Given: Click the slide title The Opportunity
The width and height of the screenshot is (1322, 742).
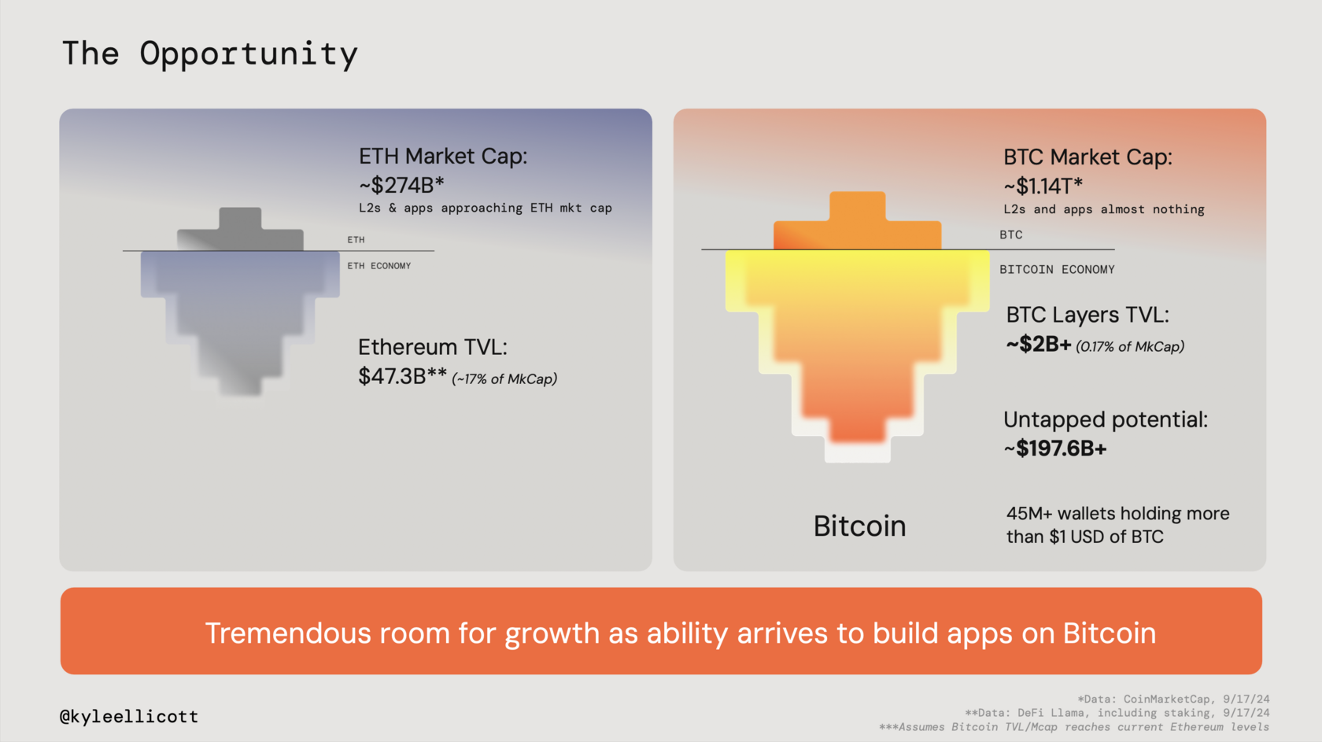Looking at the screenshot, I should click(209, 54).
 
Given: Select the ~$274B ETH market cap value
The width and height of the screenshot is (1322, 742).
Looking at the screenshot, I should click(401, 186).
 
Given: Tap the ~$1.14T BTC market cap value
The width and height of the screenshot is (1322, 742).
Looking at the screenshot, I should click(1043, 186).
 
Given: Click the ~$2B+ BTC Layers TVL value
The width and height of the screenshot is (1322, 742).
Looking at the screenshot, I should click(1038, 345).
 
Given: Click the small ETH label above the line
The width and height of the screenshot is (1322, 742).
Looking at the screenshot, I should click(356, 240).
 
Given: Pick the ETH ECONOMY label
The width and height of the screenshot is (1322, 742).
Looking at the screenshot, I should click(379, 266).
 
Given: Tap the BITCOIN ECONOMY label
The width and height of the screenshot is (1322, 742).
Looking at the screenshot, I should click(1056, 270).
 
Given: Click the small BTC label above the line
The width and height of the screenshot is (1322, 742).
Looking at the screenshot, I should click(1010, 235).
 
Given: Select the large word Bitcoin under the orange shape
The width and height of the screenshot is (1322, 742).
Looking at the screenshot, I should click(859, 526).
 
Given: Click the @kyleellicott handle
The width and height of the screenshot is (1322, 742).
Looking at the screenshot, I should click(129, 717).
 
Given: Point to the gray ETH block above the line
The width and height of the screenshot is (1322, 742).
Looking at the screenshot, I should click(240, 232).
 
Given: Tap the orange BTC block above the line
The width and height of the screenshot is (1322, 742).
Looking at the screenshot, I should click(858, 224).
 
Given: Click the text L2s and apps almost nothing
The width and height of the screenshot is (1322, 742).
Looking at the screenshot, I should click(1103, 209).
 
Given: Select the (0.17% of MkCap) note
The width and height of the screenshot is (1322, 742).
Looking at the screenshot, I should click(1129, 347).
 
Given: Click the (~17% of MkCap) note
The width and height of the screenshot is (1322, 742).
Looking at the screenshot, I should click(504, 379).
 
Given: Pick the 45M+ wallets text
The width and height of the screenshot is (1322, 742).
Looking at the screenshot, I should click(1117, 525).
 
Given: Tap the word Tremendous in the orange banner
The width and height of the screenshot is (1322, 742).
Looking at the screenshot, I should click(287, 633).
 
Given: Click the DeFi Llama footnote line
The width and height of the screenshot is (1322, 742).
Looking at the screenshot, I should click(1117, 713).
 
